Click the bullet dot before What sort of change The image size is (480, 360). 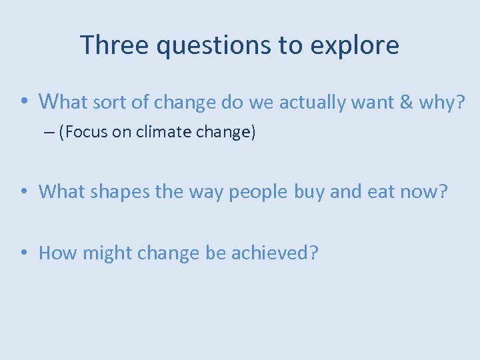click(23, 102)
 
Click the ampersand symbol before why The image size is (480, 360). click(405, 102)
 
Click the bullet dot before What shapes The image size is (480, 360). click(23, 192)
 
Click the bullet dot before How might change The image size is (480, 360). click(23, 253)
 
